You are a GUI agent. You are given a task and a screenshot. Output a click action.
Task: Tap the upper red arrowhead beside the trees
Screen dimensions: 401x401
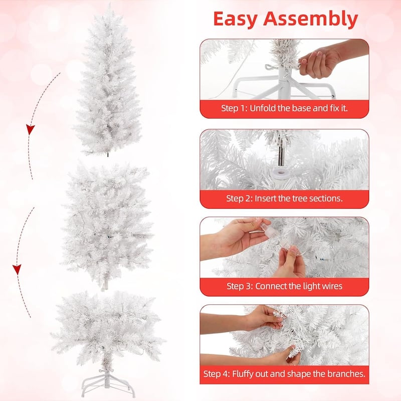[31, 129]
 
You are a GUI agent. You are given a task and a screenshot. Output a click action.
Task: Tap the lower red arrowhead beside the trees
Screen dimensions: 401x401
[17, 270]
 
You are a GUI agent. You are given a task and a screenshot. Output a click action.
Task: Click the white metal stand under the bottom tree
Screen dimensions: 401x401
[108, 383]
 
